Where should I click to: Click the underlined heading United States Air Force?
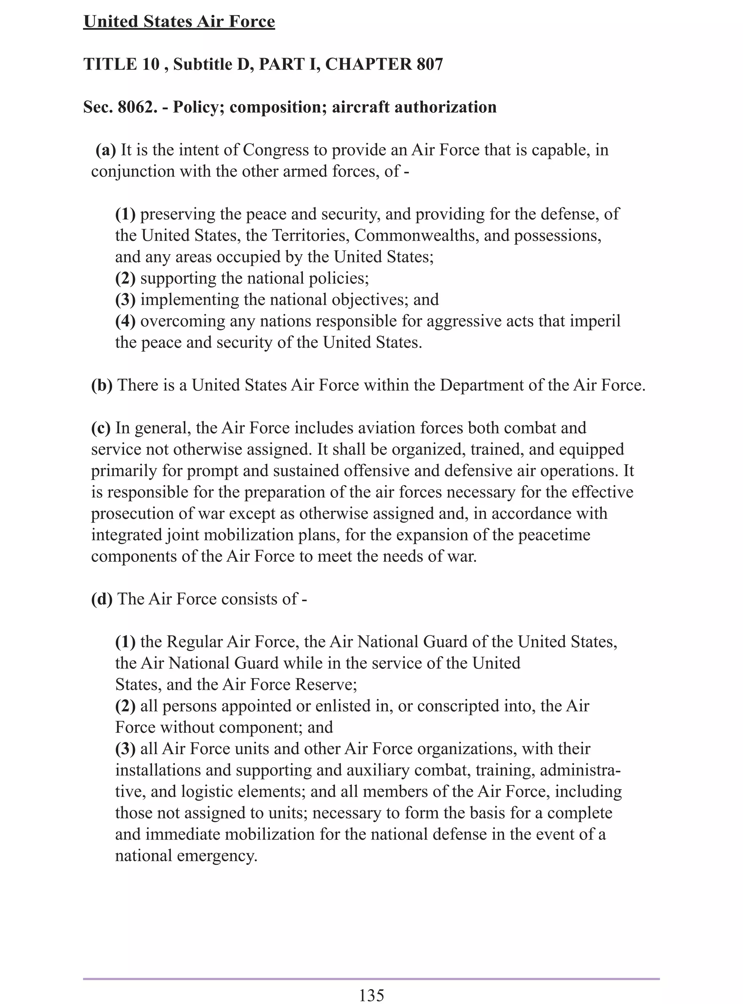(178, 21)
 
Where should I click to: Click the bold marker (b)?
(102, 385)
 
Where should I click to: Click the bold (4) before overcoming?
(126, 321)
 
